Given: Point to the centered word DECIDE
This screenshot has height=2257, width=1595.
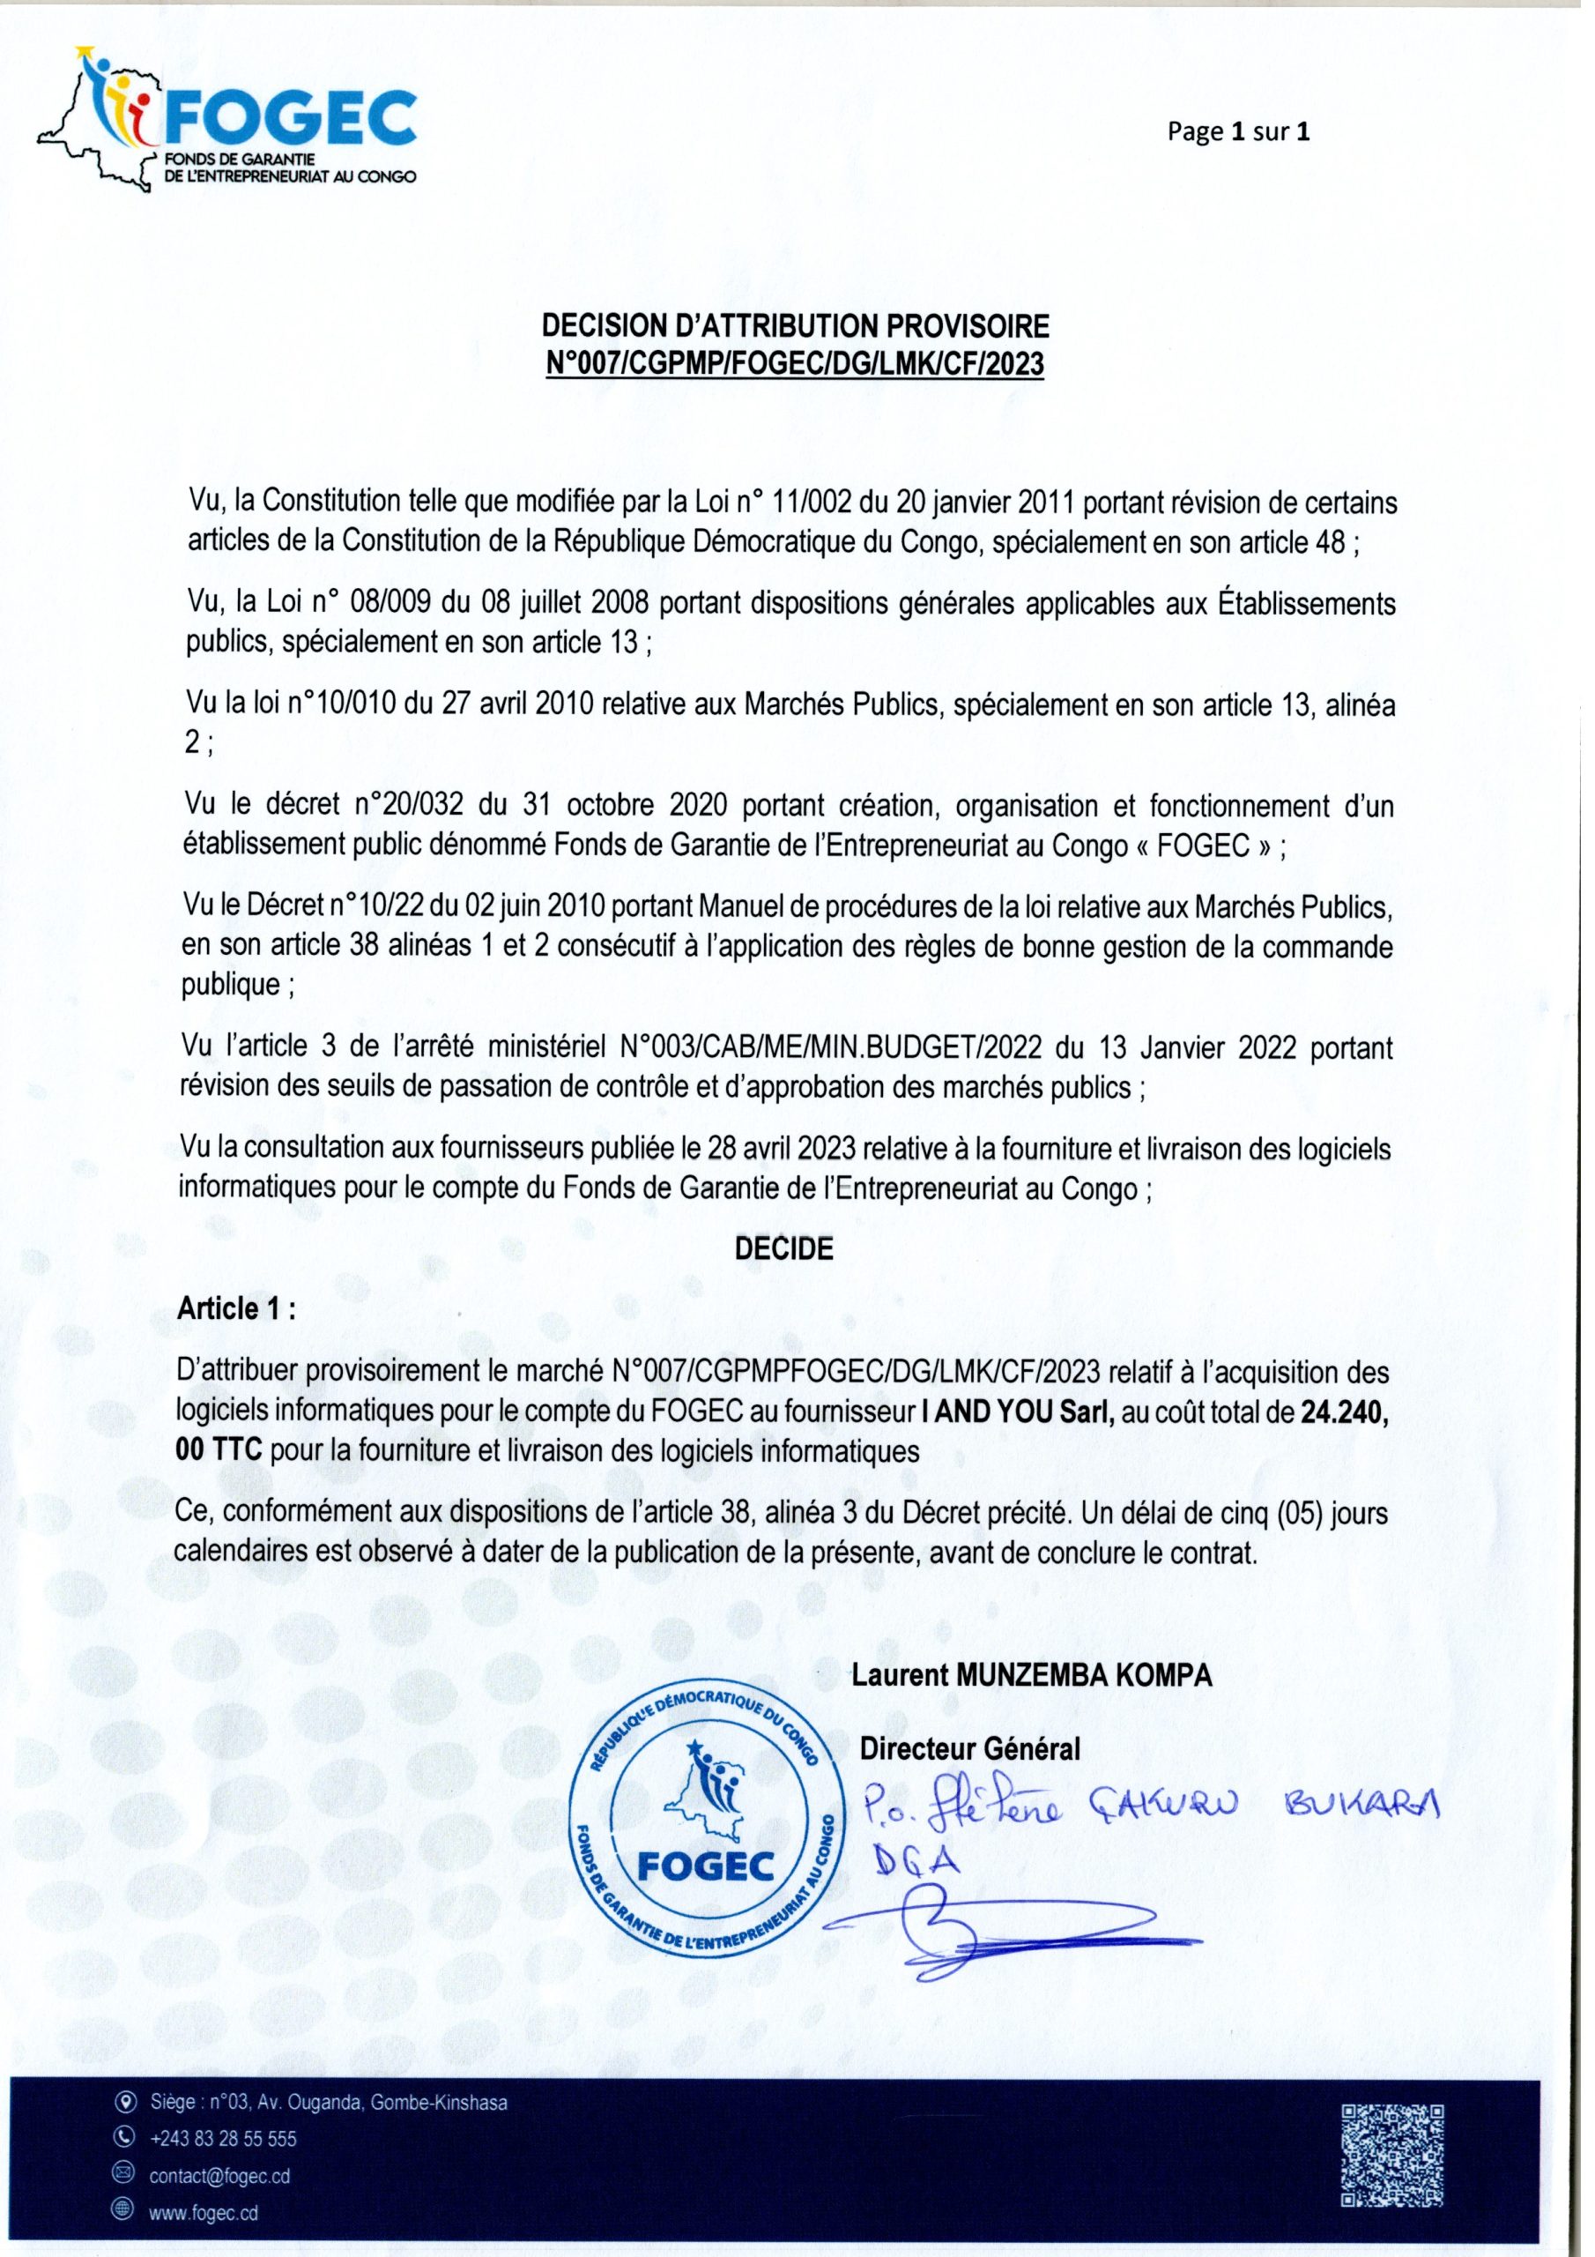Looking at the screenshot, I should [x=784, y=1249].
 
